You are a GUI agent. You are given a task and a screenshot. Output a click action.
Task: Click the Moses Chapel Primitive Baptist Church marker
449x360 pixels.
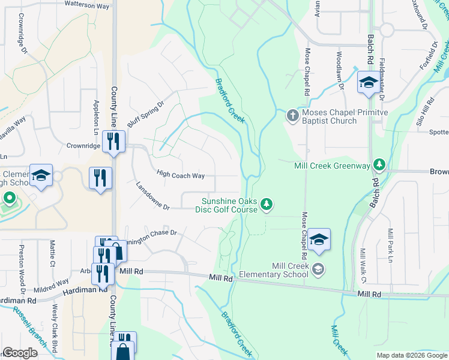click(292, 115)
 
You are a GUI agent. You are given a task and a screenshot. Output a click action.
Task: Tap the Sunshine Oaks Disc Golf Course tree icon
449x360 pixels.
click(267, 206)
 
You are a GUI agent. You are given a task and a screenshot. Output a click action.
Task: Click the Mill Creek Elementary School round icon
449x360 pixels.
click(318, 269)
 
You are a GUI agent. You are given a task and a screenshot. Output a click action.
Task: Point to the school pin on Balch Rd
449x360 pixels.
click(367, 83)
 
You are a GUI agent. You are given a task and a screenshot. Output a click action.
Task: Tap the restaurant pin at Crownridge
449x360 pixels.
click(113, 141)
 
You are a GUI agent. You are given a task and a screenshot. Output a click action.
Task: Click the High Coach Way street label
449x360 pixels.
click(181, 175)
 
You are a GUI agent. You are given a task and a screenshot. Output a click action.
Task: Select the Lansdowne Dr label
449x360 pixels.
click(153, 196)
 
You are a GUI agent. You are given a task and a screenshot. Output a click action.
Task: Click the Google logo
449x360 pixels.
click(20, 353)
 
